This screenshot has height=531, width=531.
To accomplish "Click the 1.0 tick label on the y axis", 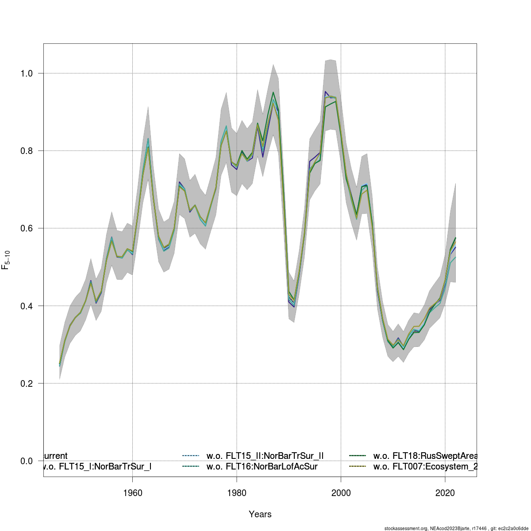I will (27, 73).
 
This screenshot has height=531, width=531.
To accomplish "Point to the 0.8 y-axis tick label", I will (27, 150).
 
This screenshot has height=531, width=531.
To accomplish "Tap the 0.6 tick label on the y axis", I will (27, 228).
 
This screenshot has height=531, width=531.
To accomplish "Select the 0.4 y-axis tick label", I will (27, 306).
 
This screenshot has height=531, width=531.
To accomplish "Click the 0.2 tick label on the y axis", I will (27, 383).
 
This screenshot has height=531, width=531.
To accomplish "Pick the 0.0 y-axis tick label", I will (27, 461).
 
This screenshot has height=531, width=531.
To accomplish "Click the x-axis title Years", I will (260, 514).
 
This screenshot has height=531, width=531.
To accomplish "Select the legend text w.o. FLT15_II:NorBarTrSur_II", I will (265, 456).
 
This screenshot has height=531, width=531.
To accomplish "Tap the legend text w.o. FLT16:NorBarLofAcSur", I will (262, 466).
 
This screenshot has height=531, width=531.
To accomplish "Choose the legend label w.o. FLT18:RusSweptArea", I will (425, 456).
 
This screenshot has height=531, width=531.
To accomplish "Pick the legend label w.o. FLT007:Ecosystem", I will (425, 466).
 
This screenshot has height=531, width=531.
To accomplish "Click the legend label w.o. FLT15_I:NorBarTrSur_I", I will (97, 466).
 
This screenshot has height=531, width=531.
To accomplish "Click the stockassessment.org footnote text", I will (456, 528).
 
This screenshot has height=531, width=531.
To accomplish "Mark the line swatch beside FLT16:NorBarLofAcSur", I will (191, 466).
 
